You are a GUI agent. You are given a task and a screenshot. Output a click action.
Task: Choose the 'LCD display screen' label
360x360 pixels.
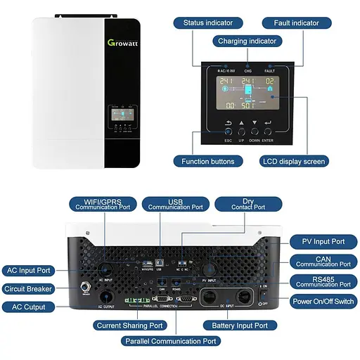[295, 161]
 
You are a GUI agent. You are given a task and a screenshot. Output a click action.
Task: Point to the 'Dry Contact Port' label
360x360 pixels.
[249, 204]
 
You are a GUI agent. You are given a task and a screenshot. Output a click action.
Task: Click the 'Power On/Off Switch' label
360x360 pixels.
[323, 301]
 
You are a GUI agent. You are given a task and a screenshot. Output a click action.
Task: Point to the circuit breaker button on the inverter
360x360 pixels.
[85, 286]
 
